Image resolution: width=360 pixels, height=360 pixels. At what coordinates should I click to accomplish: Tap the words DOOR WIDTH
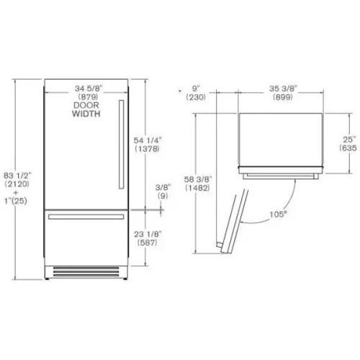86,109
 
